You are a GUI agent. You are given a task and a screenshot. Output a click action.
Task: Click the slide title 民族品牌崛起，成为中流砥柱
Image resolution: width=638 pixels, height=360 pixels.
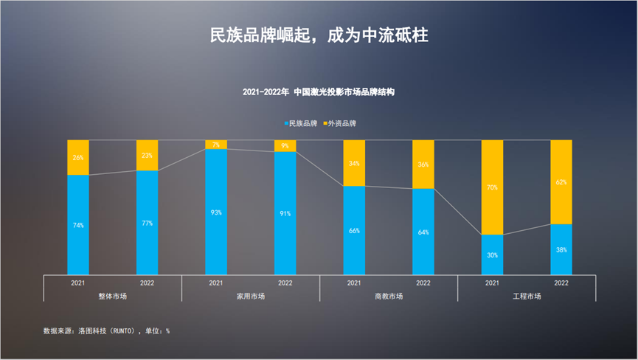(319, 35)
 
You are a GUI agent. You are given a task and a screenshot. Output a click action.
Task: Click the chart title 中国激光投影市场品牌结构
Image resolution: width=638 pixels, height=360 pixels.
(319, 93)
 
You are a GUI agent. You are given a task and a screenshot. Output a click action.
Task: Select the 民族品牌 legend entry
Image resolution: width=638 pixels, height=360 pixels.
(303, 123)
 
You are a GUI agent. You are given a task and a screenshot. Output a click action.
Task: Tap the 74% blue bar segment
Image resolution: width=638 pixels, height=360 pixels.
(78, 225)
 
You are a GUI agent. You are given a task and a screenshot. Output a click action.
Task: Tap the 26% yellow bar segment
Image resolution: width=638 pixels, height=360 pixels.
(78, 157)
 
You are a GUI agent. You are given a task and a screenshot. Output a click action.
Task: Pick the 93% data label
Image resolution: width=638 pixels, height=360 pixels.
(216, 212)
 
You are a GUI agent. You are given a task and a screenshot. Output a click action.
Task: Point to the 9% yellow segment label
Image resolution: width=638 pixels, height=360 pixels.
(285, 146)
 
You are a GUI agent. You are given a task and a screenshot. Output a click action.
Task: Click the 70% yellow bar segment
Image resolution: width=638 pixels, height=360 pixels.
(492, 187)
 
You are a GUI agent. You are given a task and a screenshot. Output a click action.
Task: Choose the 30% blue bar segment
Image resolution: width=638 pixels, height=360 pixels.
(492, 255)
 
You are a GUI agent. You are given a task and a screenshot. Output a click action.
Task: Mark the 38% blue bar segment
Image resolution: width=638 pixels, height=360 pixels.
(561, 249)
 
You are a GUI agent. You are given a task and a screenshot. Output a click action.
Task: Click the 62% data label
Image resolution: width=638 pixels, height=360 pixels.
(561, 181)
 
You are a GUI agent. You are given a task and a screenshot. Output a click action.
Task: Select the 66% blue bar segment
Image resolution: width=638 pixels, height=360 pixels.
(354, 231)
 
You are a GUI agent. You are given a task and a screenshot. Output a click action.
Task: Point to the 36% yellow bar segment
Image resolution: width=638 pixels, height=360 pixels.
(423, 165)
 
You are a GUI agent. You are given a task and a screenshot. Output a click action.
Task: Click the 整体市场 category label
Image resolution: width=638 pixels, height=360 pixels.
(113, 296)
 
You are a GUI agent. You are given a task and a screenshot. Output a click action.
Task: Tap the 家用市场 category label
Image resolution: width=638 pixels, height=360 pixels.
(251, 296)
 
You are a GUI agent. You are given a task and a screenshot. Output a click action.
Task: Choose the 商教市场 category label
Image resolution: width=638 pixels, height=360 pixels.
(389, 296)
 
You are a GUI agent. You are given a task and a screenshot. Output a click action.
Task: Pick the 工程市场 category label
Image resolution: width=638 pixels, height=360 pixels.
(527, 296)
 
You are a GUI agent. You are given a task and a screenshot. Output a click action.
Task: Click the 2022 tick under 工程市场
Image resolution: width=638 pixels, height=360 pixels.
(561, 283)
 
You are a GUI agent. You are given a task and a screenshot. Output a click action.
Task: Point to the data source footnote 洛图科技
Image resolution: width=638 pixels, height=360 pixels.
(107, 331)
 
